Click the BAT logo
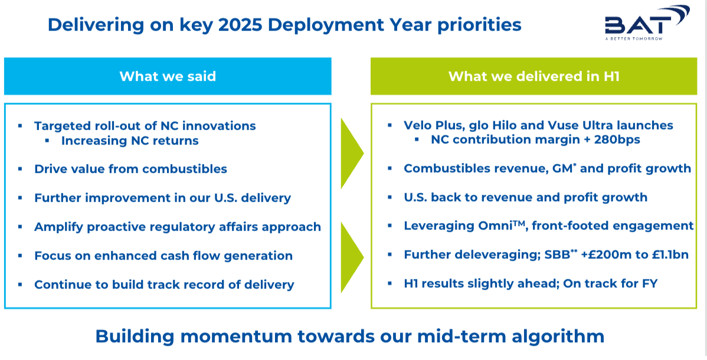(647, 22)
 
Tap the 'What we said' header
(168, 76)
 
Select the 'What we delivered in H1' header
(534, 76)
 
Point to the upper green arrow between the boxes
(352, 153)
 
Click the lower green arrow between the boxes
(352, 257)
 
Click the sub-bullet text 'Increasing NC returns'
(130, 140)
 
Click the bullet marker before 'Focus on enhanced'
(20, 256)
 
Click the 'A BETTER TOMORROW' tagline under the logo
(634, 38)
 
